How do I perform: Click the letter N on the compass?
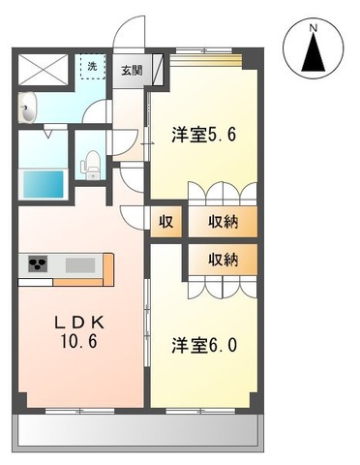tap(313, 29)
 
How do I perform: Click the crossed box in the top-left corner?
tap(42, 69)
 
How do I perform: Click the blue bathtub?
tap(44, 181)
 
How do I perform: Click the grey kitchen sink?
tap(78, 264)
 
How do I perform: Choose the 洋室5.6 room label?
tap(204, 135)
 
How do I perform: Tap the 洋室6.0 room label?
tap(204, 344)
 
